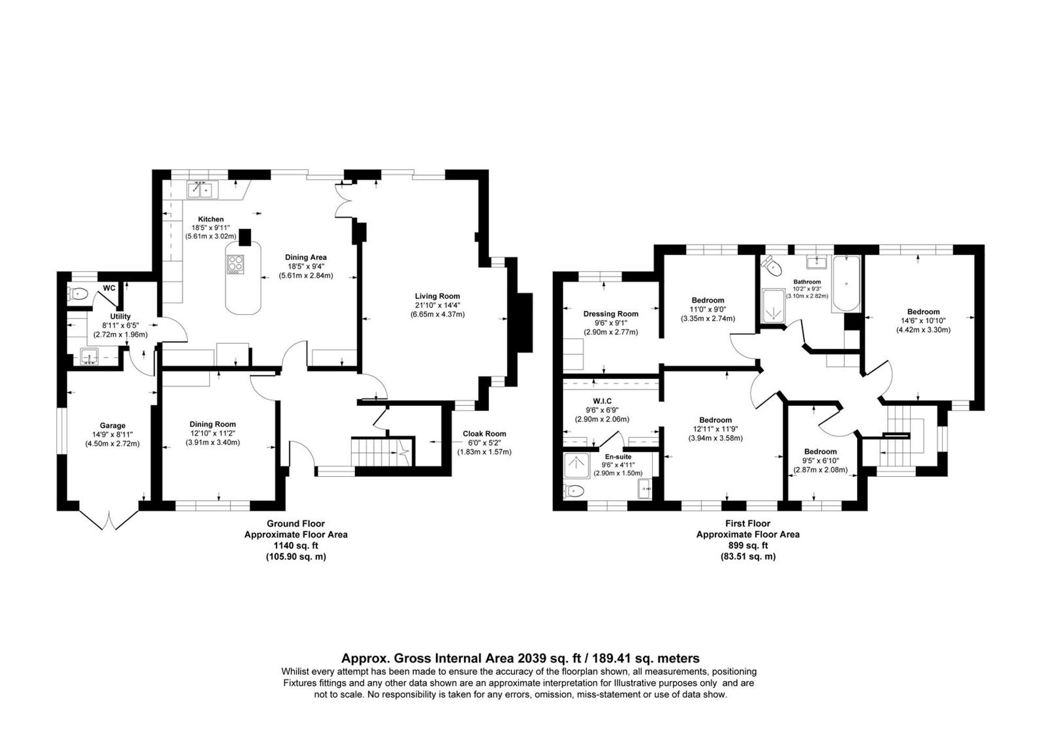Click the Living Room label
[437, 296]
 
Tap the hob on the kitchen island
[236, 264]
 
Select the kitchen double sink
[202, 190]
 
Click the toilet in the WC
[77, 294]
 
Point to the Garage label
[112, 426]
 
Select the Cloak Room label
[484, 434]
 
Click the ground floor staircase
[376, 451]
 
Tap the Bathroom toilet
[772, 266]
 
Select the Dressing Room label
[611, 314]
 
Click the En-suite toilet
[574, 490]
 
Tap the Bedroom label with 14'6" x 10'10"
[923, 312]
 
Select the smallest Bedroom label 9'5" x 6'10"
[820, 452]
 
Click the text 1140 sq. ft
[296, 546]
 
